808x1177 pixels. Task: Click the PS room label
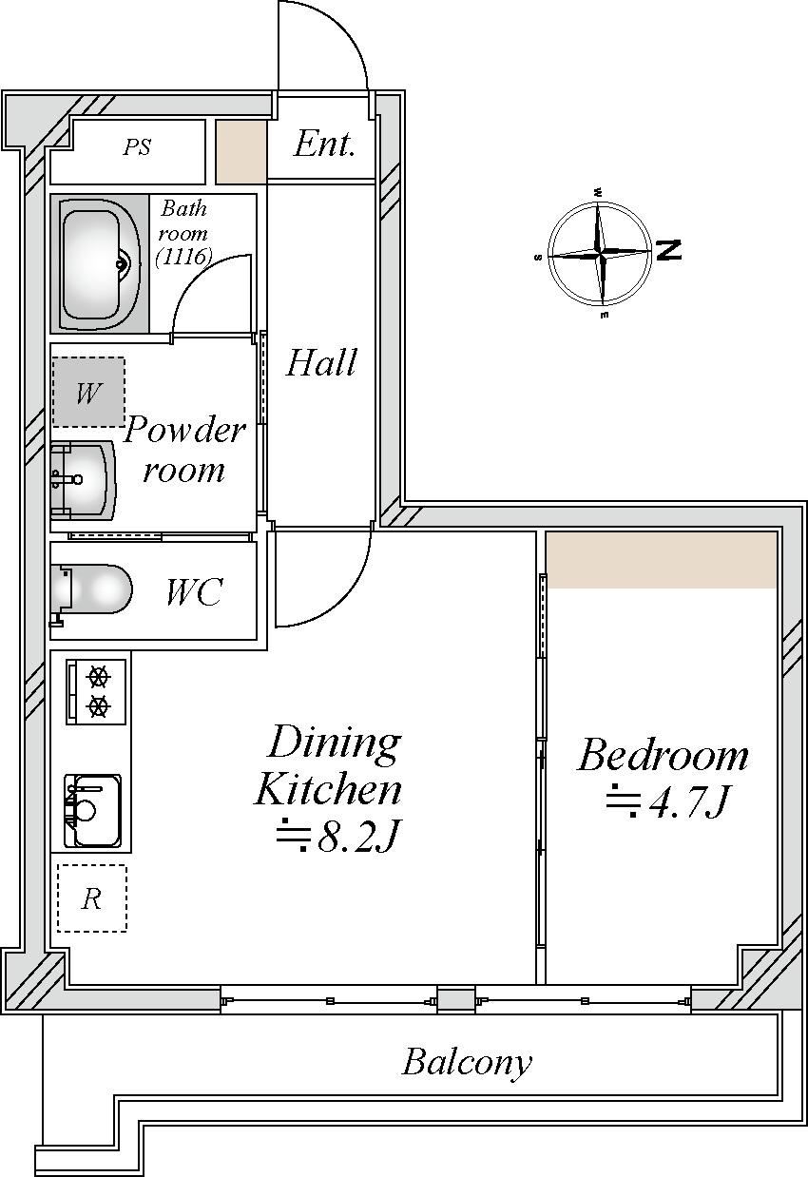137,147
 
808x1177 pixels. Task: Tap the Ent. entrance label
324,144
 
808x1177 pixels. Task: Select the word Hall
321,362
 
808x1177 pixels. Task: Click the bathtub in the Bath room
100,263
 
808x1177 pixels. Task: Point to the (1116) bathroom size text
183,257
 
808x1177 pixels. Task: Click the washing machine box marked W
88,392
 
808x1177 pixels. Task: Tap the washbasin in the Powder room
83,480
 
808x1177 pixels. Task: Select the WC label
194,592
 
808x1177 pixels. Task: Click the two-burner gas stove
96,691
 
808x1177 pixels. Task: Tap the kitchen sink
92,811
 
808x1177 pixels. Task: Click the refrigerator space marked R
92,898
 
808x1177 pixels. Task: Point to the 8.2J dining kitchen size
338,835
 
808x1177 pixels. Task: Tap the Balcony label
467,1061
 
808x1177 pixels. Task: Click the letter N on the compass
669,250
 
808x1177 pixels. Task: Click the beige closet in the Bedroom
662,560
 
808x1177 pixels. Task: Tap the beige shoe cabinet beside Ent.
241,152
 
